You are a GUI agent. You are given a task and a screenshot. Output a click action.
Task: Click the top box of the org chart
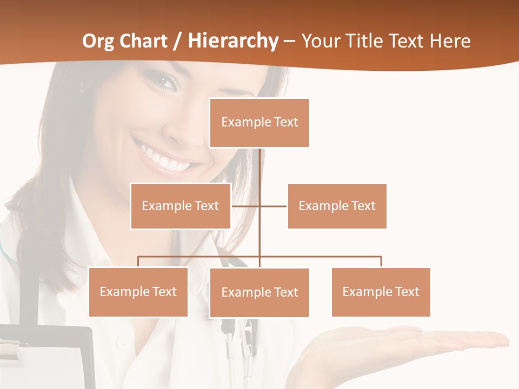click(259, 123)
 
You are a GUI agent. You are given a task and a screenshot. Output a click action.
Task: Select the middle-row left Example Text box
click(181, 206)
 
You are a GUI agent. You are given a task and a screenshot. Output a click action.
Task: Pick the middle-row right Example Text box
click(337, 206)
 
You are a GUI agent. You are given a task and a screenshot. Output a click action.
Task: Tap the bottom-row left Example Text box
click(138, 292)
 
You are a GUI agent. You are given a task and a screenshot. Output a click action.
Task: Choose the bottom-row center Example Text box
click(259, 292)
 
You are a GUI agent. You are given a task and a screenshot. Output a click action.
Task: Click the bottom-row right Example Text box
click(381, 292)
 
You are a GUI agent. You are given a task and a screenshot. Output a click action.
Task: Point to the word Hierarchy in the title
click(232, 41)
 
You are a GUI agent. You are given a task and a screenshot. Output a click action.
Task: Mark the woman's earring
click(82, 86)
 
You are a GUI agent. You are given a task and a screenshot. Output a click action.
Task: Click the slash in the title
click(177, 41)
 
